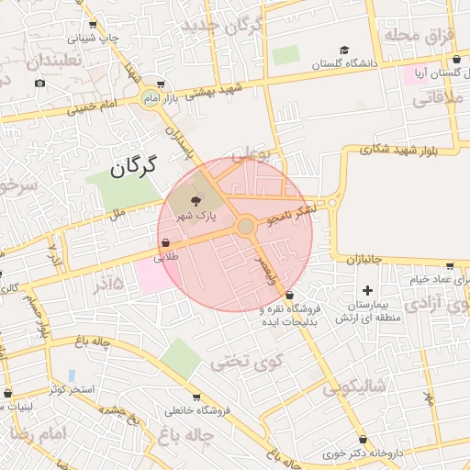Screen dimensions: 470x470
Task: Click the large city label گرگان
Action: point(134,166)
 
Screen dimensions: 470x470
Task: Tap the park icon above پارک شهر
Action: point(196,200)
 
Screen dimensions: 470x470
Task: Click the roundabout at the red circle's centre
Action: point(245,226)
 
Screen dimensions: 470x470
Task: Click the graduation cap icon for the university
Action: point(344,50)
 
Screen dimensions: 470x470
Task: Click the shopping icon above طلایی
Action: point(164,243)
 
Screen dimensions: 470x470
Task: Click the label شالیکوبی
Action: point(352,386)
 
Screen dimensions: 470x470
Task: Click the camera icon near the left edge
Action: point(39,84)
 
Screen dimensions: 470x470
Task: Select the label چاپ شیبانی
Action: point(95,39)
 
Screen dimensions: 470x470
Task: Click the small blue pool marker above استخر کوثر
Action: point(72,375)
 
